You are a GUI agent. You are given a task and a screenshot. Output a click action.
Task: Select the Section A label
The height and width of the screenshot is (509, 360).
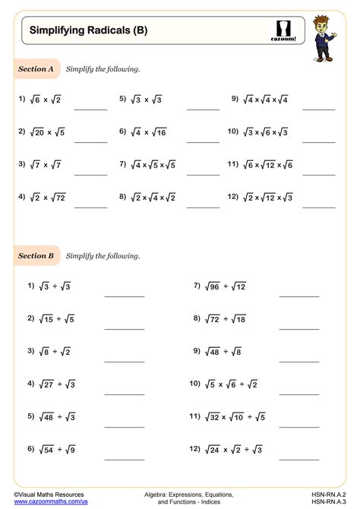pos(36,69)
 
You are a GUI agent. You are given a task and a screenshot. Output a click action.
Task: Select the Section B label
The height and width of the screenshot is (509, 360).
pos(36,256)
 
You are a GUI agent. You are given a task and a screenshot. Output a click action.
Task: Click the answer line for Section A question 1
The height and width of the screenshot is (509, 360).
pos(90,109)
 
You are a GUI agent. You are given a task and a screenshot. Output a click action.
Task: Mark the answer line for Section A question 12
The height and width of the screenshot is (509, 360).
pos(318,207)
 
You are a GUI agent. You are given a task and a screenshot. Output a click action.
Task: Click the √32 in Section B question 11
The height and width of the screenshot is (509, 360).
pos(216,417)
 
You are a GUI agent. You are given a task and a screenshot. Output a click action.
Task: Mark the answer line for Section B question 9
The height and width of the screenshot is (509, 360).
pos(298,362)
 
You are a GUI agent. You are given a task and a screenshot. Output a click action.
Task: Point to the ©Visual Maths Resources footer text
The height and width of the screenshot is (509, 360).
pos(47,493)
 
